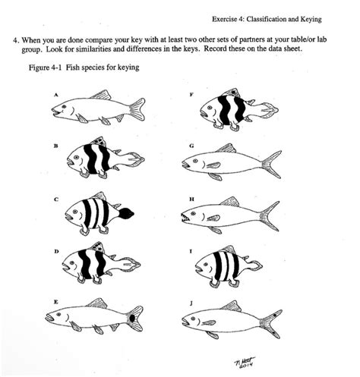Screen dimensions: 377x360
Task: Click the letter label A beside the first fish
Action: pos(56,94)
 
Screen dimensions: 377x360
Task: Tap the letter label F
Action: pos(191,94)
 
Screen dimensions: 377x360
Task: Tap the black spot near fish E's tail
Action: pos(134,317)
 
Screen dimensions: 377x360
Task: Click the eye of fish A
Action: pos(66,107)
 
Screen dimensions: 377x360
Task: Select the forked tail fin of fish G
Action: pos(270,162)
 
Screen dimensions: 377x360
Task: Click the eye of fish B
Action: pos(75,157)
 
